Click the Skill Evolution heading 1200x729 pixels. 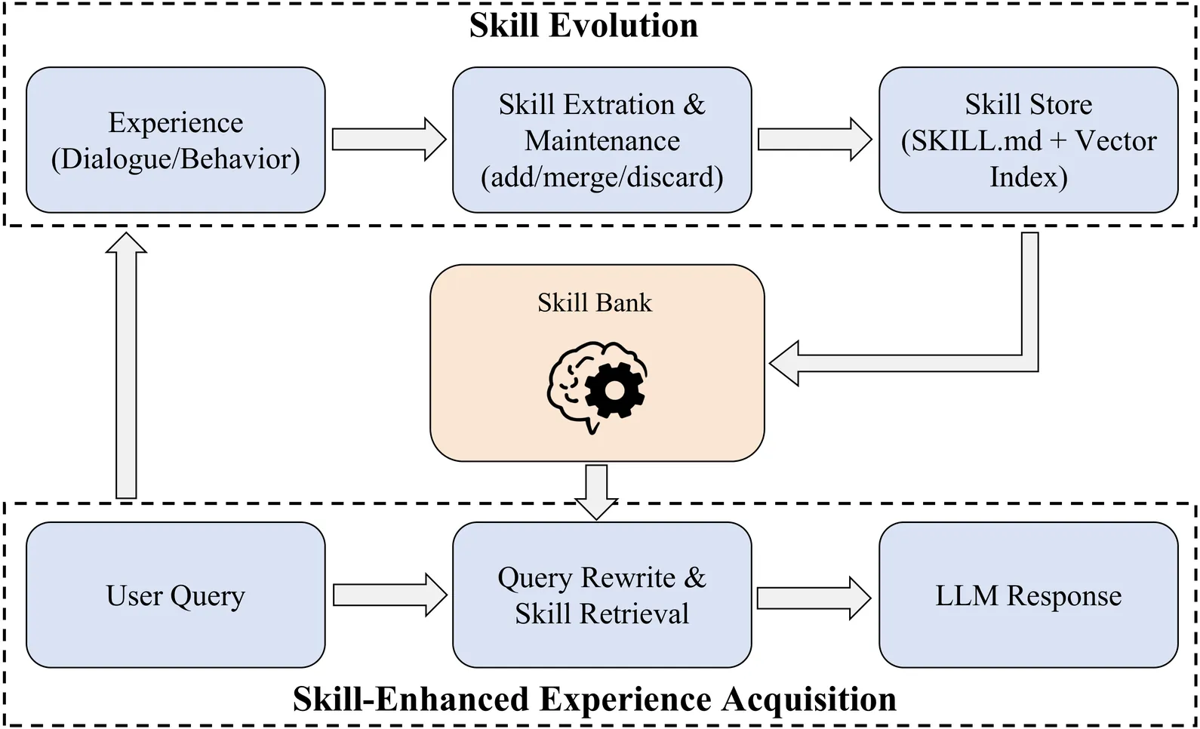point(583,26)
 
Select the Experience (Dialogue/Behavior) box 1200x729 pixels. point(175,140)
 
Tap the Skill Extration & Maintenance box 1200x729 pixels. point(602,140)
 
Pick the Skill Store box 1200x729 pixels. point(1028,140)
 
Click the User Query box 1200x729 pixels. point(175,595)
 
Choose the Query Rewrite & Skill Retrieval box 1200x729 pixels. point(602,595)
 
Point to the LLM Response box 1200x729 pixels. point(1028,595)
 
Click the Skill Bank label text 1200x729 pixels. point(595,303)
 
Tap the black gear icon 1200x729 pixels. point(615,390)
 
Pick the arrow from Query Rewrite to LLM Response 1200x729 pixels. point(814,598)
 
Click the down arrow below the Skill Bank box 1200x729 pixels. point(596,491)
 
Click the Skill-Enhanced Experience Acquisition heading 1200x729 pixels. point(595,699)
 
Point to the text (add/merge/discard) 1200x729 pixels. point(602,177)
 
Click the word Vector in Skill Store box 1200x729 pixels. point(1115,140)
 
